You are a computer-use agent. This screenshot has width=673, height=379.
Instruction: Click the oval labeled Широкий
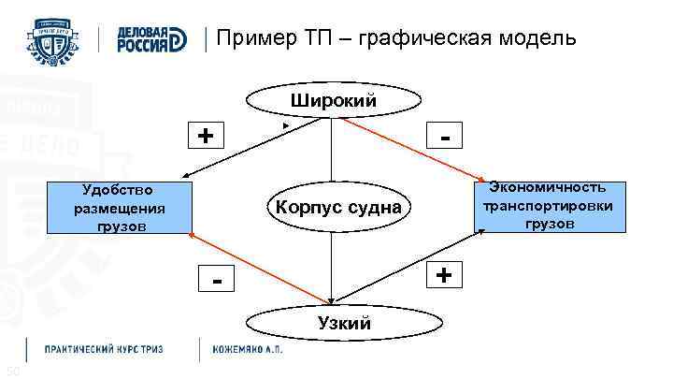pyautogui.click(x=332, y=100)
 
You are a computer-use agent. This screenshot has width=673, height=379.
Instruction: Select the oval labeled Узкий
pyautogui.click(x=332, y=323)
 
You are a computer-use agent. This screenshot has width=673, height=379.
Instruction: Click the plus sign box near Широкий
pyautogui.click(x=205, y=137)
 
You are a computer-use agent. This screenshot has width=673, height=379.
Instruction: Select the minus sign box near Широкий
pyautogui.click(x=450, y=137)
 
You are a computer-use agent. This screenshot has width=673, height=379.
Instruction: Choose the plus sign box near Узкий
pyautogui.click(x=446, y=276)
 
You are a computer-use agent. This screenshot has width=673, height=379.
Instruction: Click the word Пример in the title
pyautogui.click(x=250, y=38)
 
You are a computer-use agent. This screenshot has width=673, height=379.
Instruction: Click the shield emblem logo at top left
pyautogui.click(x=58, y=39)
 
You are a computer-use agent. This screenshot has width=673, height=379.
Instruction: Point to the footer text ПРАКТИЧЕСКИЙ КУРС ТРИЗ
pyautogui.click(x=104, y=349)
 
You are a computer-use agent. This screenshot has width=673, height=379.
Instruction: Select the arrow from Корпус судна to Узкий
pyautogui.click(x=331, y=267)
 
